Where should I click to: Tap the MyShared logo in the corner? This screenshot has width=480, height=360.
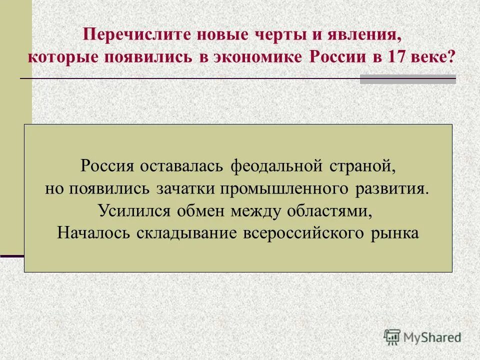pos(422,337)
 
